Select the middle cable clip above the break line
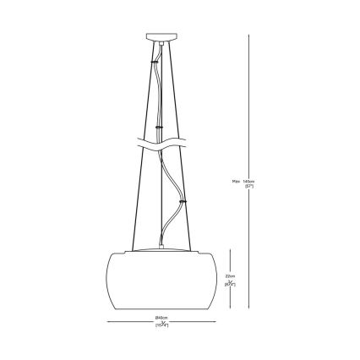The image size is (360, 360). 159,127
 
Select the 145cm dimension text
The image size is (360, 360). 249,180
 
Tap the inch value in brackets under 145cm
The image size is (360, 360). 249,187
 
